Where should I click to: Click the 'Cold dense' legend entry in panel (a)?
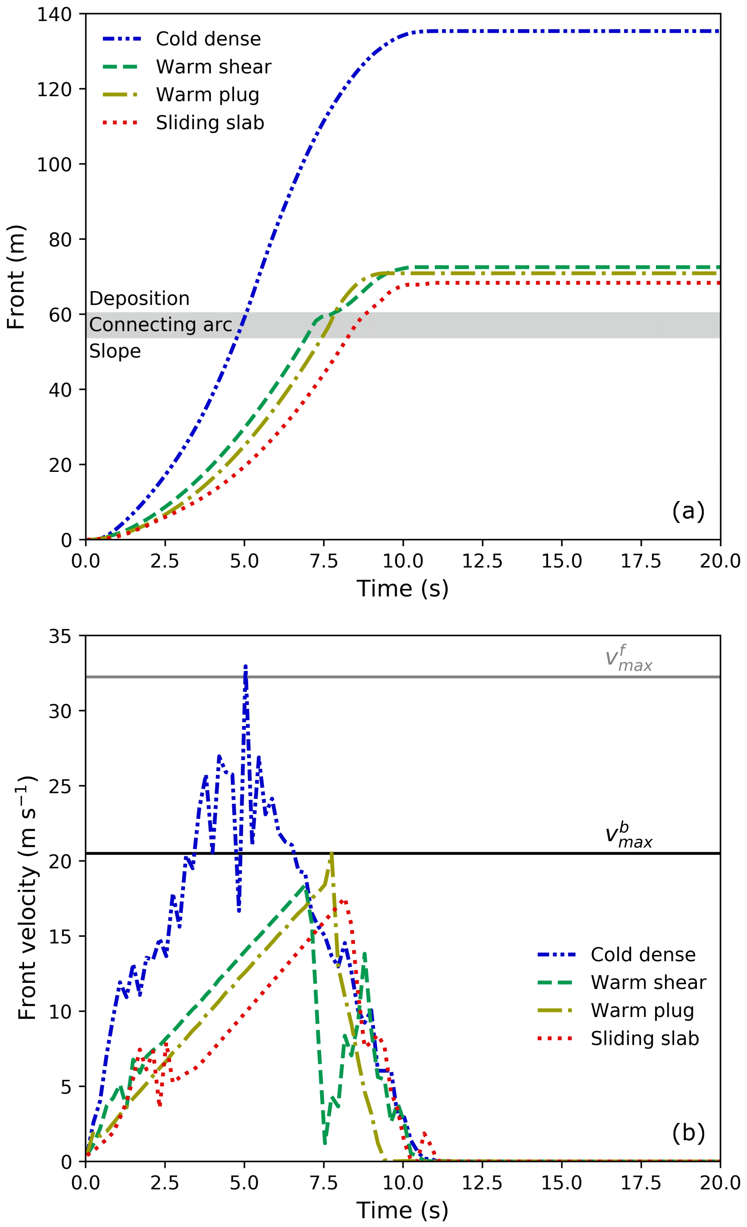(x=208, y=39)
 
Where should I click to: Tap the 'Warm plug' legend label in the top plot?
(x=208, y=95)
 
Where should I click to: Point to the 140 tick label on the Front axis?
(x=54, y=15)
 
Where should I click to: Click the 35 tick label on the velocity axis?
(x=60, y=636)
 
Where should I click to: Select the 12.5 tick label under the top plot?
(x=482, y=561)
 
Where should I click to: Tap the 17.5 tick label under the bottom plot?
(x=640, y=1183)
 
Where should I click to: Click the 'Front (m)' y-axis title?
(x=16, y=277)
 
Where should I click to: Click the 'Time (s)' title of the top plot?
(x=402, y=588)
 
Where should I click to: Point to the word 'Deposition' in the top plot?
(x=139, y=299)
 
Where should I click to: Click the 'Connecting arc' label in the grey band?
(x=160, y=325)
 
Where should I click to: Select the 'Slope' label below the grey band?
(x=115, y=352)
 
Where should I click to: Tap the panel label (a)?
(x=688, y=511)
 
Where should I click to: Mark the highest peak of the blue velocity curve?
(x=245, y=666)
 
